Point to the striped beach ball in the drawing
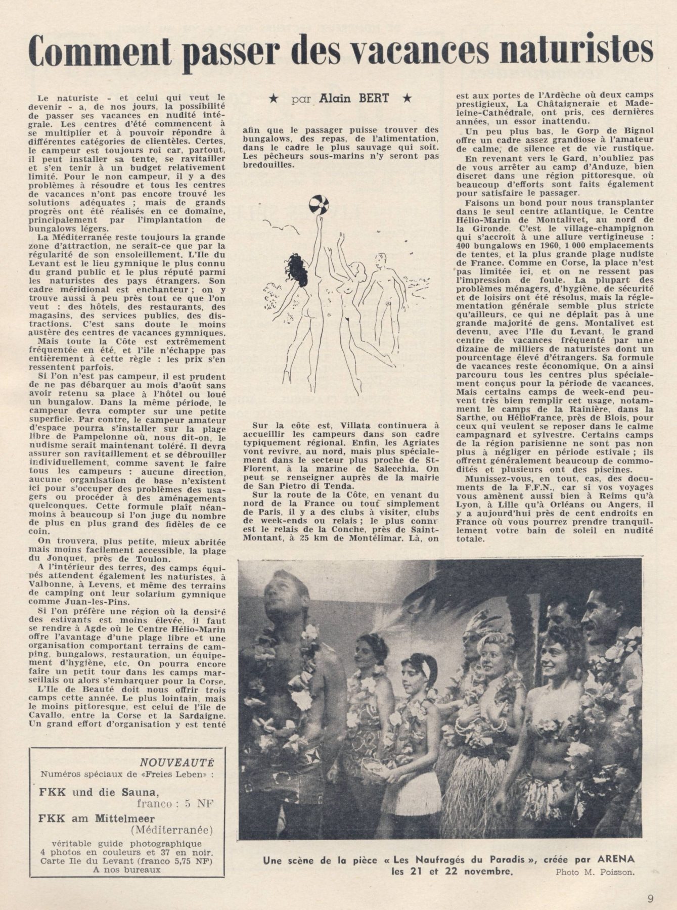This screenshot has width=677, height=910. (319, 206)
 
